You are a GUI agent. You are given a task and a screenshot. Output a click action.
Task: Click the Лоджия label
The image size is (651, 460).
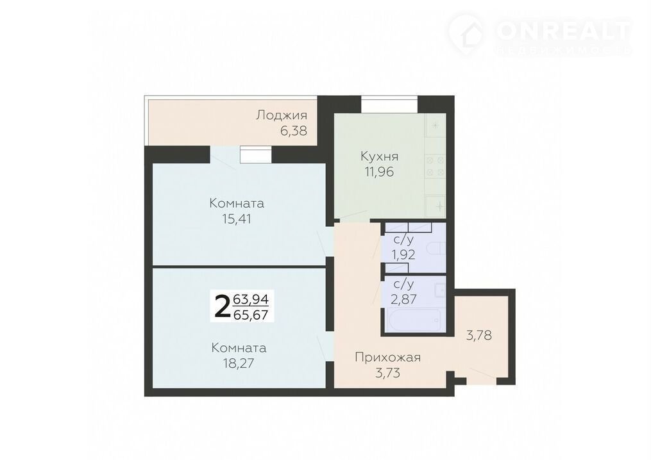pyautogui.click(x=282, y=115)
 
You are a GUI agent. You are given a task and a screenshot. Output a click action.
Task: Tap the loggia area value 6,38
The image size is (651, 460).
pyautogui.click(x=294, y=131)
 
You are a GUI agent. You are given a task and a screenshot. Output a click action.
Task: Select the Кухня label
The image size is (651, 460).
pyautogui.click(x=380, y=156)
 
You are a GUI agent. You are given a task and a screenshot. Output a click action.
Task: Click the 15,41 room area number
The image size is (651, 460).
pyautogui.click(x=237, y=219)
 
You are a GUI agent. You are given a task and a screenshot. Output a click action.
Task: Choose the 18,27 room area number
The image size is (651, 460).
pyautogui.click(x=239, y=363)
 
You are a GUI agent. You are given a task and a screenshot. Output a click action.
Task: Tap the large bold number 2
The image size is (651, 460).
pyautogui.click(x=222, y=306)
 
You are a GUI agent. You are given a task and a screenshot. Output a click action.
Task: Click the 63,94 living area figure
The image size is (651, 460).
pyautogui.click(x=251, y=299)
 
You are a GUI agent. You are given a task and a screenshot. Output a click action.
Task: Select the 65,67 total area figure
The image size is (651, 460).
pyautogui.click(x=251, y=315)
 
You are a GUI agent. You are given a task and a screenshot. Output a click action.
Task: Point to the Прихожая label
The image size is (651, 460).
pyautogui.click(x=388, y=357)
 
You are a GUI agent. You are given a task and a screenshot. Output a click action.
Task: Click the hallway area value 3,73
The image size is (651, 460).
pyautogui.click(x=387, y=373)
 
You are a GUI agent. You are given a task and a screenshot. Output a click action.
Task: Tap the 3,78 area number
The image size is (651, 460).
pyautogui.click(x=479, y=334)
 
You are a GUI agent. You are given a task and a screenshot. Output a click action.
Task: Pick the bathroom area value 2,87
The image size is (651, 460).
pyautogui.click(x=403, y=299)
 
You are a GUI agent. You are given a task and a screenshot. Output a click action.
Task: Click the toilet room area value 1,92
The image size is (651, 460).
pyautogui.click(x=404, y=254)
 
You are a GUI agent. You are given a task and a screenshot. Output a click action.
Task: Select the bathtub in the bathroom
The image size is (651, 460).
pyautogui.click(x=416, y=320)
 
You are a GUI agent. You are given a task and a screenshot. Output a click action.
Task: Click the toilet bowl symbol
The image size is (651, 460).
pyautogui.click(x=439, y=249)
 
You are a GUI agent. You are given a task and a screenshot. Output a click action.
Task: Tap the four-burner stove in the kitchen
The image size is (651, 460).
pyautogui.click(x=435, y=166)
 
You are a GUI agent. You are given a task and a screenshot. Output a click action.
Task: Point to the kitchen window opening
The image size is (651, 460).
pyautogui.click(x=389, y=104)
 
